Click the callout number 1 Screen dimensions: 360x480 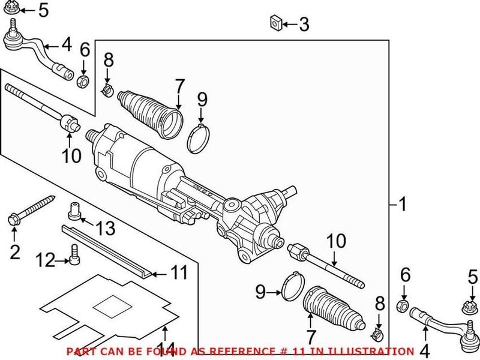point(403,205)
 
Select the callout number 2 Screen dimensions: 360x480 point(15,252)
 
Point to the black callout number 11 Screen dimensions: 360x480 point(178,274)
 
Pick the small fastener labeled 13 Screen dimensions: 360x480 point(74,210)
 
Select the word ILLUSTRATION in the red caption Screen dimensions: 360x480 point(379,351)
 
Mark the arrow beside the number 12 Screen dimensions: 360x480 point(62,260)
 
